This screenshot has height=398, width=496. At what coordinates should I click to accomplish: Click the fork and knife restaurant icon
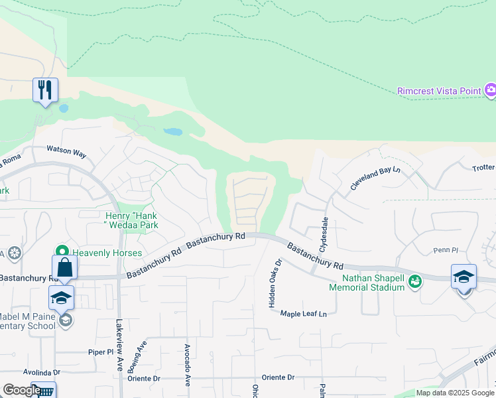[x=45, y=90]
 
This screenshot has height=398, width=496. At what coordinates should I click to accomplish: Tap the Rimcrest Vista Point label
[x=440, y=91]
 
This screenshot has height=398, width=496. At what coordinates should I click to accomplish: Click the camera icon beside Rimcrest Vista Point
[x=491, y=90]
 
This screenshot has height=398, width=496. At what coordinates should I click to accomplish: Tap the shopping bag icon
[x=64, y=268]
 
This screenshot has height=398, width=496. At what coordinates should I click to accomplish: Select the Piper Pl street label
[x=101, y=352]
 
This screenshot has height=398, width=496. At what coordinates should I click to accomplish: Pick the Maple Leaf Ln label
[x=304, y=314]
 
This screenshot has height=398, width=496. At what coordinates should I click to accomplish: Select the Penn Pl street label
[x=446, y=250]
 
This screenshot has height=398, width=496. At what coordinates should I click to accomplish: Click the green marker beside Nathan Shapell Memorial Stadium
[x=415, y=282]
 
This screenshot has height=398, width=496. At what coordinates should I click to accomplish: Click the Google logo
[x=22, y=391]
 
